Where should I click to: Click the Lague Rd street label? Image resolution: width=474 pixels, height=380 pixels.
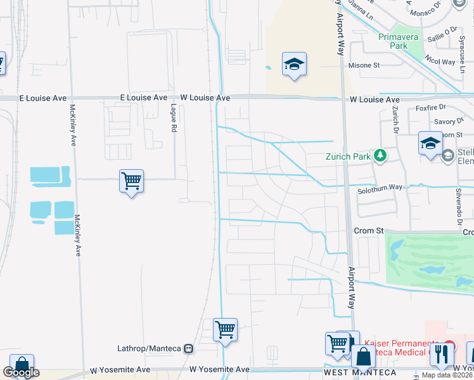(173, 118)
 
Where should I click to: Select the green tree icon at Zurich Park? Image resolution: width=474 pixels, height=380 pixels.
(380, 155)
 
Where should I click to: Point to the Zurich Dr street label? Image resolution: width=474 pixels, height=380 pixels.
(395, 120)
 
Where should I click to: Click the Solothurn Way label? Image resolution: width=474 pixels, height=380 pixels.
(379, 187)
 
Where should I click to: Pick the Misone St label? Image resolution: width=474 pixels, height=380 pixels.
(364, 65)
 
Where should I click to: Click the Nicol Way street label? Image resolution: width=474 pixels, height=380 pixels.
(440, 62)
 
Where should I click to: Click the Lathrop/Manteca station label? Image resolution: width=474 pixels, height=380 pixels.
(150, 348)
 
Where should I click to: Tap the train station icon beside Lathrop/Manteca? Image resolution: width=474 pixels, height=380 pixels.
(188, 348)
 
